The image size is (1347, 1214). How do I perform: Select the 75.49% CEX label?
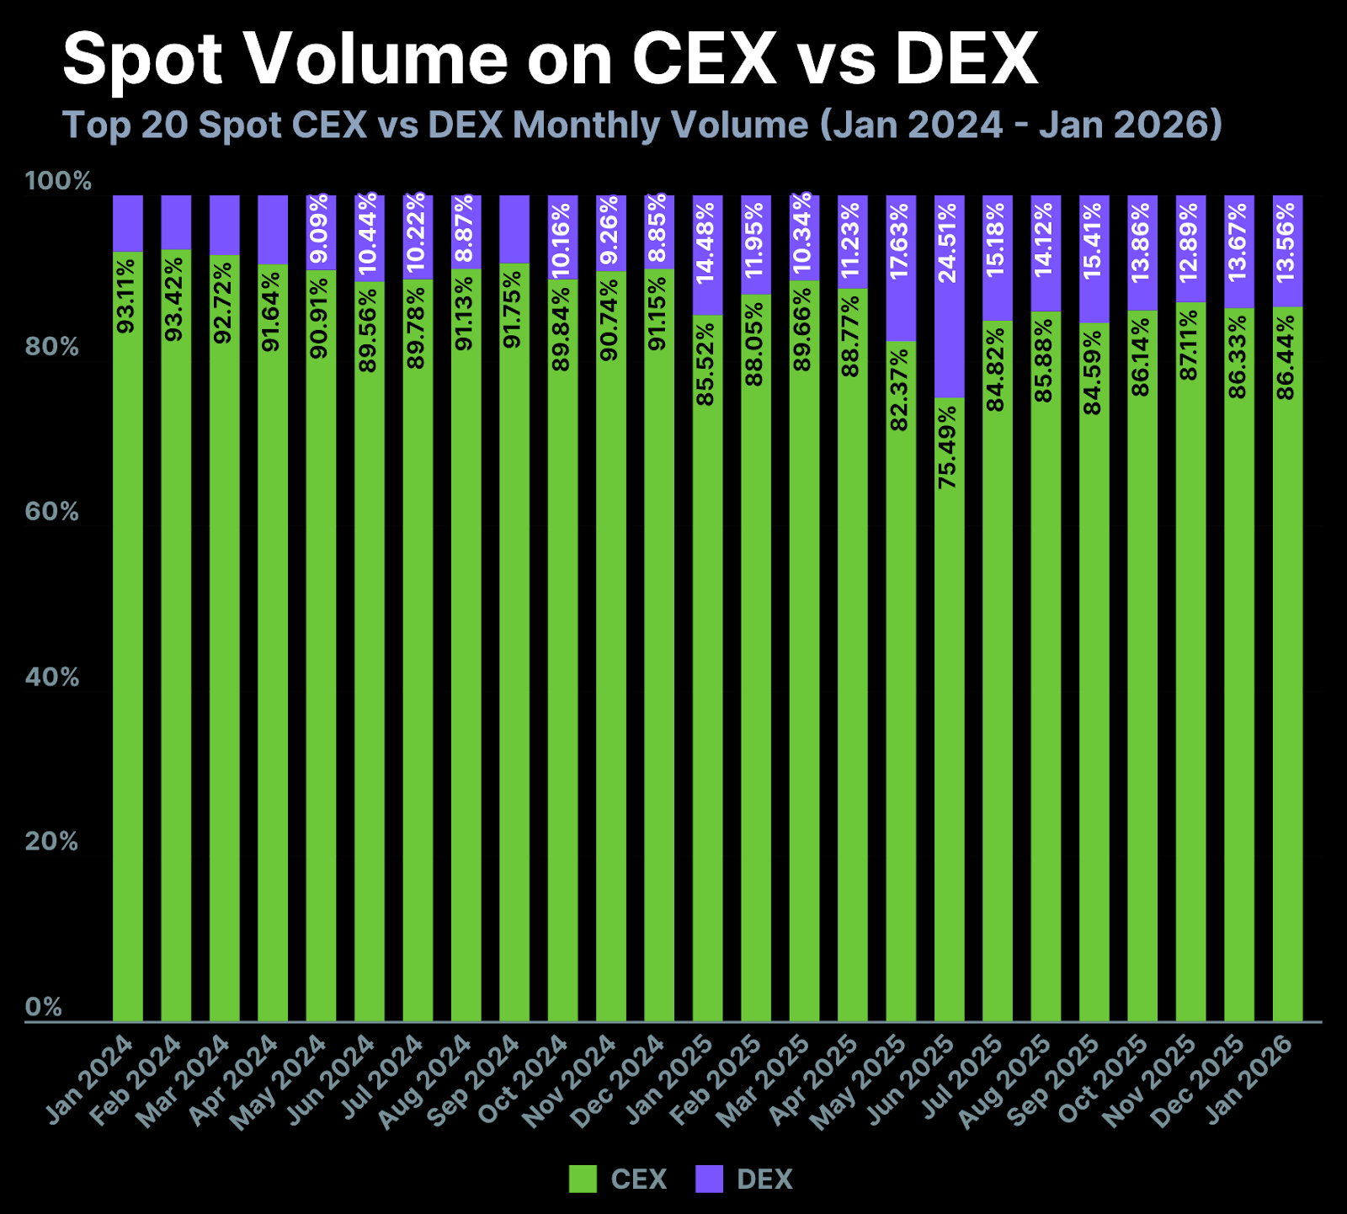point(949,447)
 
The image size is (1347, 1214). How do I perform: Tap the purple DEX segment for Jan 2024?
point(128,223)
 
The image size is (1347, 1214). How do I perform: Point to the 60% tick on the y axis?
point(51,512)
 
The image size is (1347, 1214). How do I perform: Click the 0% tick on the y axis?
point(43,1007)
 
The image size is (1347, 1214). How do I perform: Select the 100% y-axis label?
point(58,181)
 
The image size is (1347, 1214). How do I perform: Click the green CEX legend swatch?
point(583,1179)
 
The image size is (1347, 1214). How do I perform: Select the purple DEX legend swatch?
point(709,1179)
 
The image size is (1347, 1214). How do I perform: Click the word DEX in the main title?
point(966,59)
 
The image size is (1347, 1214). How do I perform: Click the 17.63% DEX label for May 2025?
point(900,241)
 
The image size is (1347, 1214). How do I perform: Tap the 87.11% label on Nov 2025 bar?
point(1190,345)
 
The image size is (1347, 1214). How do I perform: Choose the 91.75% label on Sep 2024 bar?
point(513,309)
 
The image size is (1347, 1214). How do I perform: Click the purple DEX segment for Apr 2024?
point(273,229)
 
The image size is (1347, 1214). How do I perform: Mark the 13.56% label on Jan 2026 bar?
point(1286,242)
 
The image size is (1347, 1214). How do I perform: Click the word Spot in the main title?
point(143,59)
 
